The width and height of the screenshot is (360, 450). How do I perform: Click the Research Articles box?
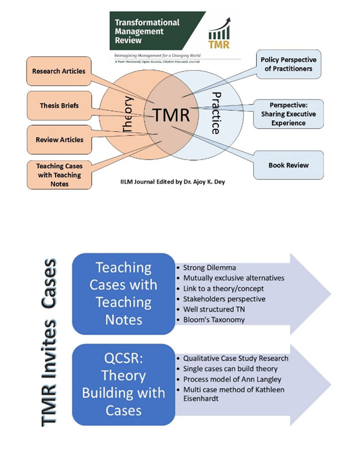pos(58,71)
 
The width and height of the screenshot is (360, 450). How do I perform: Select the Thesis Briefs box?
pos(59,106)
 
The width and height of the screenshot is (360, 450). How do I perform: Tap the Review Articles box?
pos(59,139)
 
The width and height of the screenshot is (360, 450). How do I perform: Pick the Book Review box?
pos(288,165)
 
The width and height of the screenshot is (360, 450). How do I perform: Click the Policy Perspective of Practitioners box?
pos(288,64)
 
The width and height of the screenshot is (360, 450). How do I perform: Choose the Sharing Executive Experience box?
pos(288,114)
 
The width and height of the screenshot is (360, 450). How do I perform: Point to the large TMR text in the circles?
pos(171,115)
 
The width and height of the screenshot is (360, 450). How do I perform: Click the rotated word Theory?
pos(127,114)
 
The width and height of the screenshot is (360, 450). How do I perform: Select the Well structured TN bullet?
pos(214,309)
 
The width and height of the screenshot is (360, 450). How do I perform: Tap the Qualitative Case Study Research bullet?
pos(235,358)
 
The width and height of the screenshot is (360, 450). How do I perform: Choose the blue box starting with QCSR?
pos(123,382)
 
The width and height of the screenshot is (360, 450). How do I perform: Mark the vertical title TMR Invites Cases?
pos(50,342)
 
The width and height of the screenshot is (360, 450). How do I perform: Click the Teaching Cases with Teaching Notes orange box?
pos(58,174)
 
